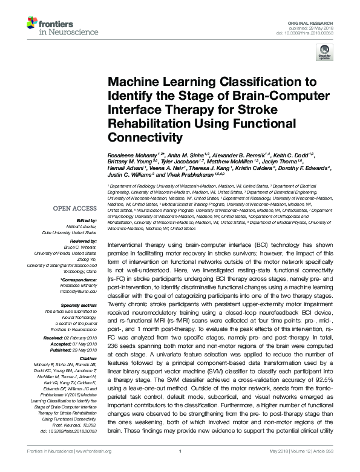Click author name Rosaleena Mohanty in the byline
point(132,157)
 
